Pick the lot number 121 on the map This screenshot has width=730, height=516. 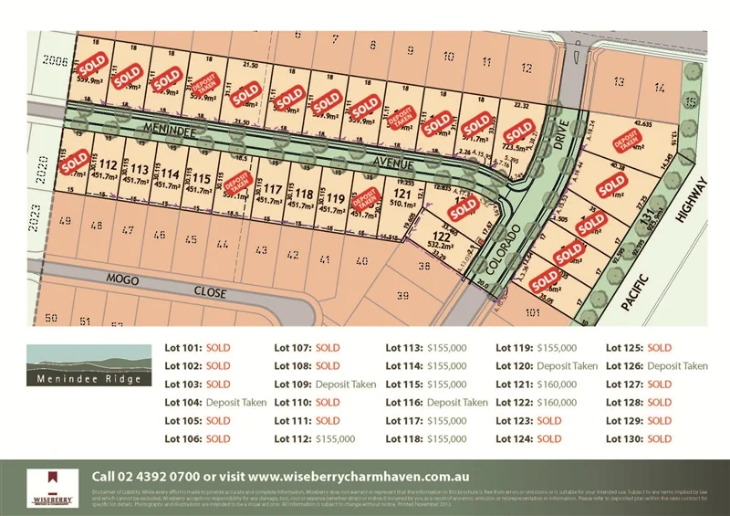pos(401,194)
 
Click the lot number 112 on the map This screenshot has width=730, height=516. pos(109,164)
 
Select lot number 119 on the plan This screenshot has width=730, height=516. pos(336,198)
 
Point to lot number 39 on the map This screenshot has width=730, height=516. pos(403,296)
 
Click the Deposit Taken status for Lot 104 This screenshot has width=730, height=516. pos(236,402)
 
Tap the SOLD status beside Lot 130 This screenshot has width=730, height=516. pos(659,438)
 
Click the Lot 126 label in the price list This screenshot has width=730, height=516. pos(625,365)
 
